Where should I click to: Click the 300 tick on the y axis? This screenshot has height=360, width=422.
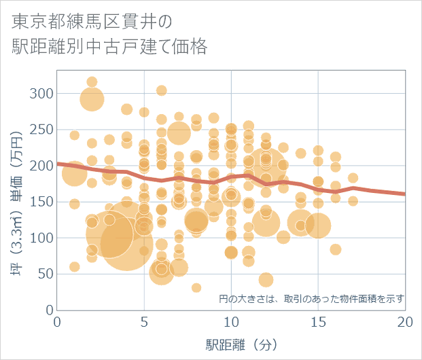[x=43, y=93]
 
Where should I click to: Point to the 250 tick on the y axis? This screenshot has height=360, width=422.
[x=43, y=129]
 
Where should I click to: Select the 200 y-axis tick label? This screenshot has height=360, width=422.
[x=43, y=165]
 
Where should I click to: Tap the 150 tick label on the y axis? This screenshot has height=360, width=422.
[x=43, y=202]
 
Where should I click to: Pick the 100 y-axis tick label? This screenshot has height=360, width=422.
[x=43, y=238]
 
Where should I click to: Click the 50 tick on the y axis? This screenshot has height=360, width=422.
[x=46, y=274]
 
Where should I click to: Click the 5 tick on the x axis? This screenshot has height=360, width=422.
[x=144, y=321]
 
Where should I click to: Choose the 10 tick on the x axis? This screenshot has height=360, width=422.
[x=231, y=321]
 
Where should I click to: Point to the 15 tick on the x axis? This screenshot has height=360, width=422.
[x=318, y=321]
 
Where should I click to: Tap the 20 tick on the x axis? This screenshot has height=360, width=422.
[x=405, y=321]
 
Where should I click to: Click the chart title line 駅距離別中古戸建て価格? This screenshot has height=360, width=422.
[x=109, y=47]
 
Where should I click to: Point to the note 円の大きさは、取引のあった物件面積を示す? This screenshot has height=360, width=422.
[x=312, y=298]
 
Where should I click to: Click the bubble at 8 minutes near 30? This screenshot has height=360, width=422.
[x=196, y=288]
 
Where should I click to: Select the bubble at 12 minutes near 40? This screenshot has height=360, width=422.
[x=266, y=280]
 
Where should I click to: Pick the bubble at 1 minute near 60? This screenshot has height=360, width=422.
[x=75, y=267]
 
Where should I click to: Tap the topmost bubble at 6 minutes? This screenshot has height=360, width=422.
[x=162, y=90]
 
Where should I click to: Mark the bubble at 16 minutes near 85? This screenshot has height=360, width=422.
[x=336, y=249]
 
